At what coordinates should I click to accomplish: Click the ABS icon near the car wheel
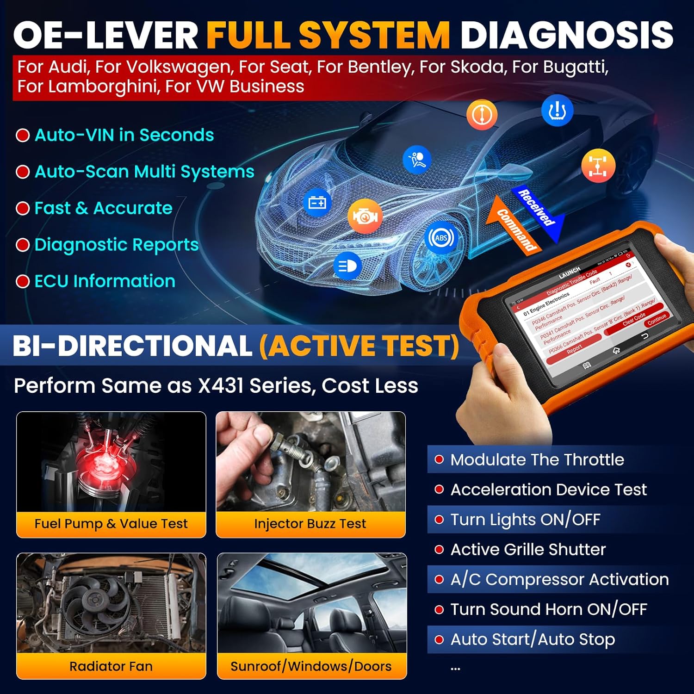pos(441,238)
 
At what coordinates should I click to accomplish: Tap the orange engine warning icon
pos(365,217)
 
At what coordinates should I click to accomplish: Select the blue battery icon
pos(317,202)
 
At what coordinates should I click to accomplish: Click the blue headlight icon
pos(347,266)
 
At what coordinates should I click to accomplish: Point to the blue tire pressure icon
pos(557,111)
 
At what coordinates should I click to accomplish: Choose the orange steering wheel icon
pos(482,114)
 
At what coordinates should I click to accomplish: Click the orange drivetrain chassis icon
pos(598,165)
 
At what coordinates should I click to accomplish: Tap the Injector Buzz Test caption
pos(310,524)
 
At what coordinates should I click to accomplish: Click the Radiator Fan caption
pos(111,666)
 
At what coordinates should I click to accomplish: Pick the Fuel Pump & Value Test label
pos(111,524)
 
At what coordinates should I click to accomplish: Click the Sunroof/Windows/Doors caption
pos(311,666)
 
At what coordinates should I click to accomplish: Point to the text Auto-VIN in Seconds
pos(124,135)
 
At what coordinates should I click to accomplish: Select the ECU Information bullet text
pos(105,281)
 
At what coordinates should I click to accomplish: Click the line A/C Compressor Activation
pos(559,579)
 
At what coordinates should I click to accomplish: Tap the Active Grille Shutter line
pos(528,550)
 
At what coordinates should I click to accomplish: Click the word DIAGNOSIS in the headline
pos(567,35)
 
